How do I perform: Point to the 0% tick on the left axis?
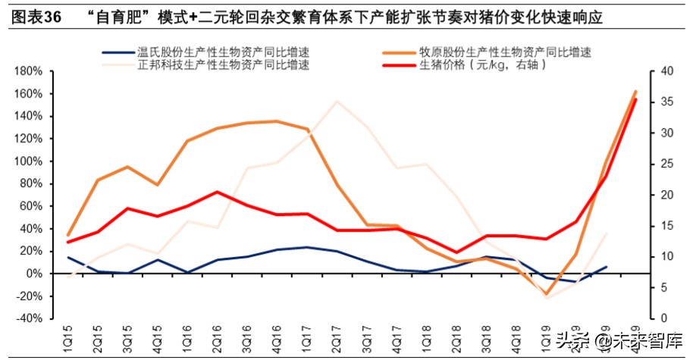33,274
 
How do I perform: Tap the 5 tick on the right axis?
664,288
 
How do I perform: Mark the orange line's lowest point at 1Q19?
546,294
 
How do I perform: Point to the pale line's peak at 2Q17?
337,102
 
